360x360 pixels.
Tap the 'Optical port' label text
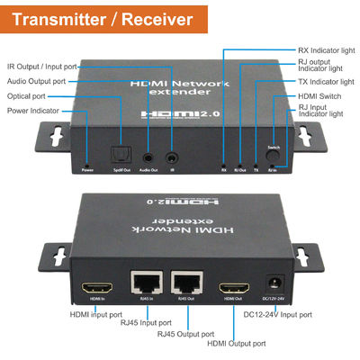(27, 95)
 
